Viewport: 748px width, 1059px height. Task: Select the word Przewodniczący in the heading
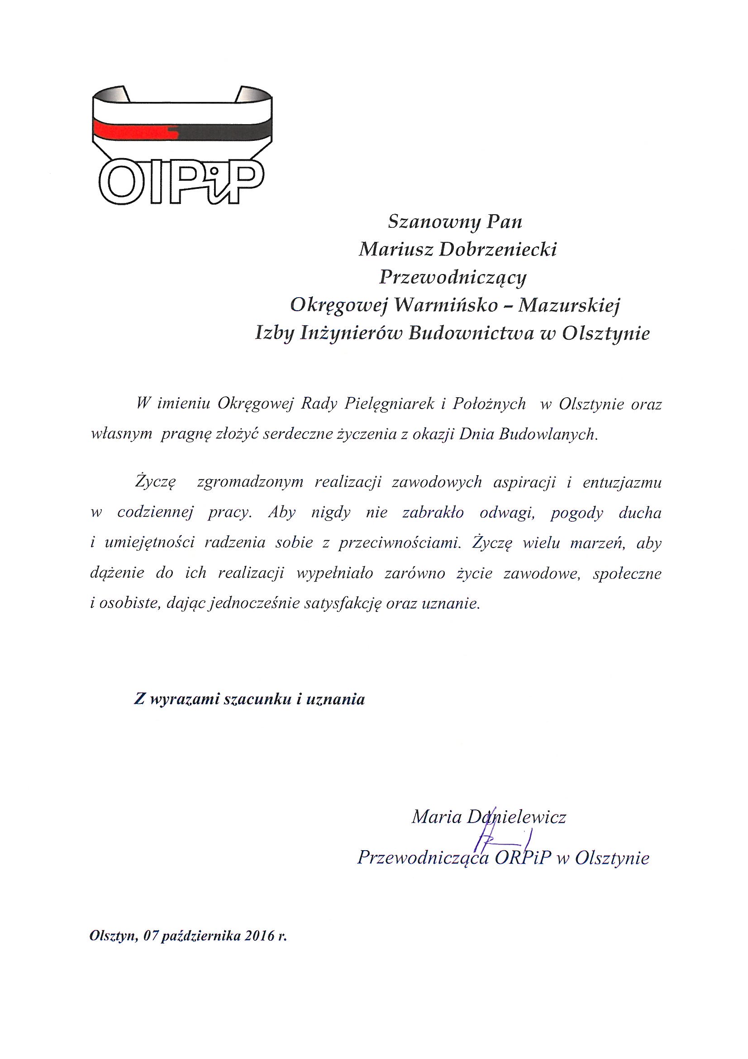[453, 278]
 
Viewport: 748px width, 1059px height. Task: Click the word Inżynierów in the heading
[351, 333]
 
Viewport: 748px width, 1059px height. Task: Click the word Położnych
[489, 404]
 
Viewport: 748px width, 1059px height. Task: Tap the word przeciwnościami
[400, 543]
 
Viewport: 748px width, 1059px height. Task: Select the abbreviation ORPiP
[523, 858]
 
